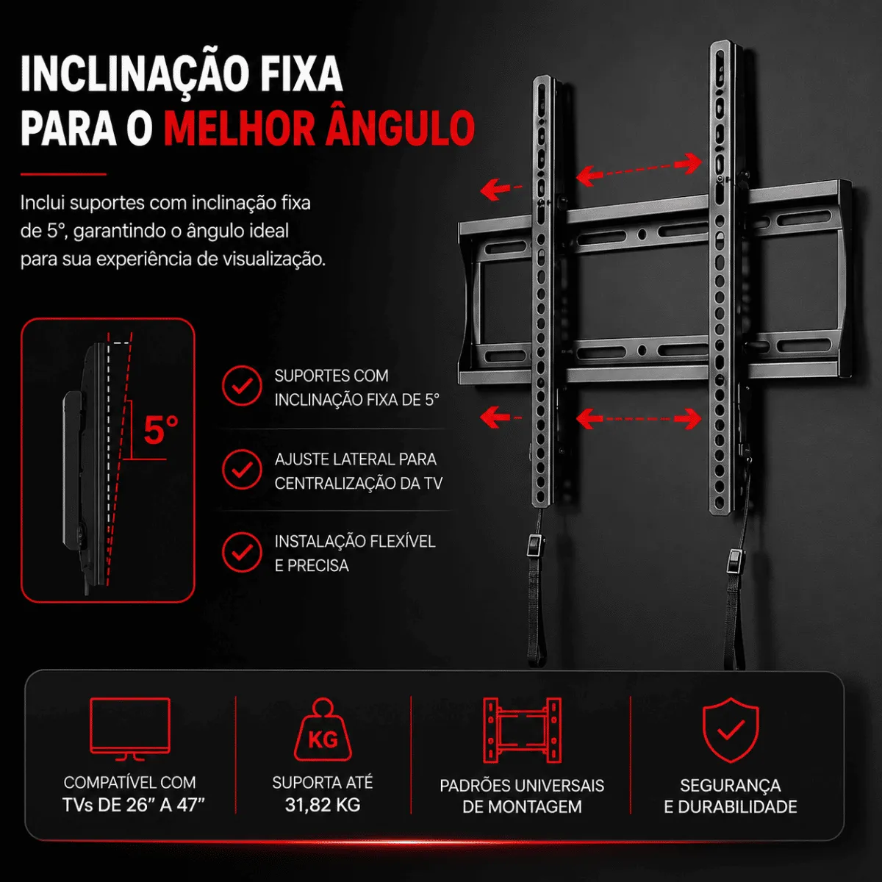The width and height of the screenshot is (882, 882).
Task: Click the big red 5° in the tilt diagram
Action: (x=161, y=430)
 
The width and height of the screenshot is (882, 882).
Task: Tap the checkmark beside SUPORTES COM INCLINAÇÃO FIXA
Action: (x=242, y=385)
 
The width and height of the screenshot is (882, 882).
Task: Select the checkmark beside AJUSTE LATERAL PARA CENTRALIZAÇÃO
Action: (x=242, y=469)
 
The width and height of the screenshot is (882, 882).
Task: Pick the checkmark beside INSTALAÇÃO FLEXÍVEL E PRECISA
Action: (x=242, y=552)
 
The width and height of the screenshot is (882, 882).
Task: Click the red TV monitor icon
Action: (x=130, y=728)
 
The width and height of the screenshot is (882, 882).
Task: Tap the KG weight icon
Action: (x=323, y=730)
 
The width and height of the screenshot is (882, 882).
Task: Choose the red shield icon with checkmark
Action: (x=731, y=730)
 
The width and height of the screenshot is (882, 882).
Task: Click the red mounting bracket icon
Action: (x=523, y=731)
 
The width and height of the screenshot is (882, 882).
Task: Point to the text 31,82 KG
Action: (x=323, y=805)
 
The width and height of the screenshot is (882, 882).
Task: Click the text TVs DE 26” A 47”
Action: (x=134, y=805)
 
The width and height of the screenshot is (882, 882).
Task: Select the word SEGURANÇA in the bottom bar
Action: (x=731, y=786)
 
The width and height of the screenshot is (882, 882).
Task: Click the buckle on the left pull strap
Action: (x=534, y=545)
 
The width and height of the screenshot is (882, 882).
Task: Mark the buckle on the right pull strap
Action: (x=734, y=562)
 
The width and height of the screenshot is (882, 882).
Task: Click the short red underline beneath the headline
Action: (x=63, y=174)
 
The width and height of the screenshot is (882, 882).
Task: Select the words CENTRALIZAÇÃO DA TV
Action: (x=359, y=484)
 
